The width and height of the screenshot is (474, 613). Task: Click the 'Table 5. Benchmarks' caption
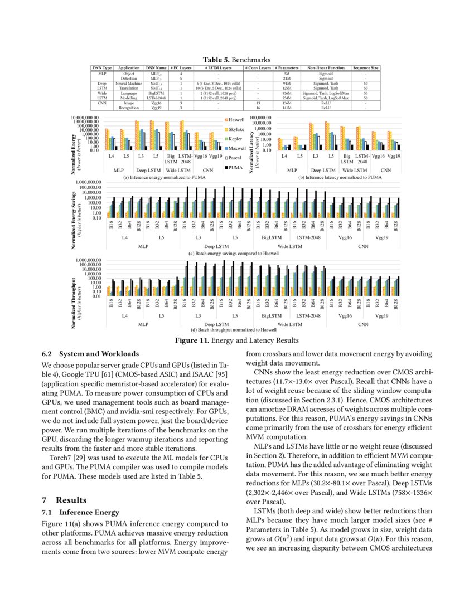pos(236,60)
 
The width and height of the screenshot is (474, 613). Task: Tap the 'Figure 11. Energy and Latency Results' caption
pos(236,340)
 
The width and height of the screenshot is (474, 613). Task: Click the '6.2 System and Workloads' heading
pos(91,353)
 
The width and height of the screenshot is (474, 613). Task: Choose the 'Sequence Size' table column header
pos(366,68)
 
